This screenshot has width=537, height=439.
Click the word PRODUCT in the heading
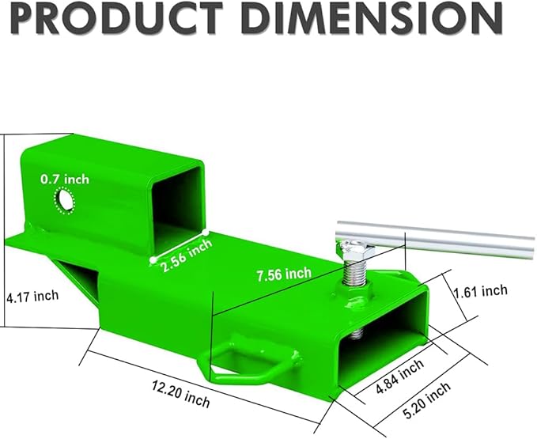click(x=116, y=17)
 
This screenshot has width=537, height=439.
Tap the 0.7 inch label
click(x=65, y=179)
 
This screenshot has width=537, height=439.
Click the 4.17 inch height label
click(x=32, y=296)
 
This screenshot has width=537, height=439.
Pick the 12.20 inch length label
click(x=181, y=395)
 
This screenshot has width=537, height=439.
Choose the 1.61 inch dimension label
click(x=480, y=291)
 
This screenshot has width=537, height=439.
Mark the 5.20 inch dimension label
click(x=427, y=400)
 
